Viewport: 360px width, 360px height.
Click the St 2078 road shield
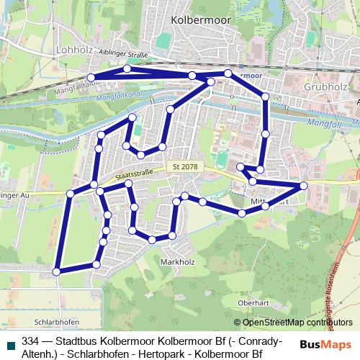(x=186, y=167)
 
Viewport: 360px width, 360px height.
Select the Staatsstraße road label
(x=134, y=174)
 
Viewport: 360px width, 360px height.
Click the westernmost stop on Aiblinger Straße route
(x=91, y=77)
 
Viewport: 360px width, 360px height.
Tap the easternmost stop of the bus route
(x=304, y=186)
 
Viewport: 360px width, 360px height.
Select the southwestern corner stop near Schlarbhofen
(x=57, y=271)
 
